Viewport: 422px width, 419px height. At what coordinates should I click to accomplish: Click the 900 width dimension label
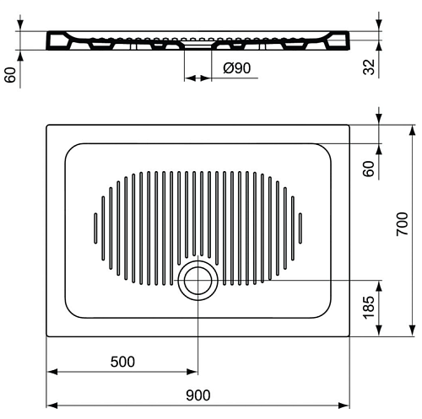(197, 395)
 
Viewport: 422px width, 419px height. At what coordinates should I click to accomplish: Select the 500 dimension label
(122, 362)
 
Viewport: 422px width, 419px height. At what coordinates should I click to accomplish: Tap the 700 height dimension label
(402, 224)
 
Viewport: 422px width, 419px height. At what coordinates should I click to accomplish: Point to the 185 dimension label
(369, 307)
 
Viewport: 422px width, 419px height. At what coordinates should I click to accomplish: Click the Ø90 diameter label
(237, 68)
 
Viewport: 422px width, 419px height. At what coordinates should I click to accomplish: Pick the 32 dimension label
(369, 67)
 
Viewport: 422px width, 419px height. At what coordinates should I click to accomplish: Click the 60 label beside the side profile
(11, 75)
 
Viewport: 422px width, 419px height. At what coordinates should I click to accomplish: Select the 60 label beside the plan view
(369, 169)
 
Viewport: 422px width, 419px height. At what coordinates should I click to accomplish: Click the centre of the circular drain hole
(198, 280)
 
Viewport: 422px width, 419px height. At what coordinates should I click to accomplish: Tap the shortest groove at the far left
(95, 228)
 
